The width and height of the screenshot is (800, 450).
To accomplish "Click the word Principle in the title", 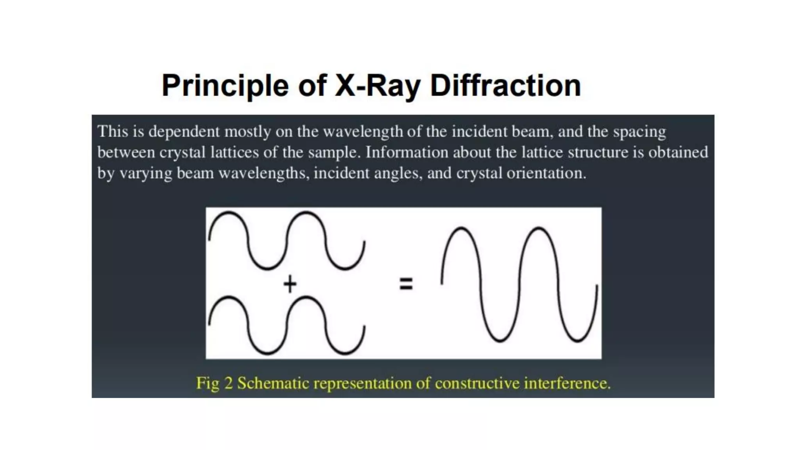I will click(225, 86).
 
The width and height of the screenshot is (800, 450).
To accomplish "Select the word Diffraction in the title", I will click(505, 86).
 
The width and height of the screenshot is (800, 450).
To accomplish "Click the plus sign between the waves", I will click(290, 284).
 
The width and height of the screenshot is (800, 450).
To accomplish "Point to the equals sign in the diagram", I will click(406, 284).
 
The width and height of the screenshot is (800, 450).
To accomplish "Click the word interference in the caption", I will click(567, 383).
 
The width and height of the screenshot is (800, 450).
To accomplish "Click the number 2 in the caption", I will click(229, 383).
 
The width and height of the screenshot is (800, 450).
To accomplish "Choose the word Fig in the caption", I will click(208, 383).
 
